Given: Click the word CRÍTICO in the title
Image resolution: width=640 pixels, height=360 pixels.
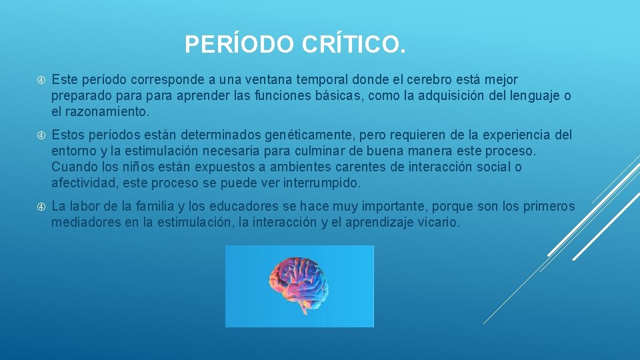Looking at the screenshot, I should (353, 45).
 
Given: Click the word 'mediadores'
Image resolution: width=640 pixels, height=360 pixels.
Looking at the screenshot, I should (86, 223).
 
